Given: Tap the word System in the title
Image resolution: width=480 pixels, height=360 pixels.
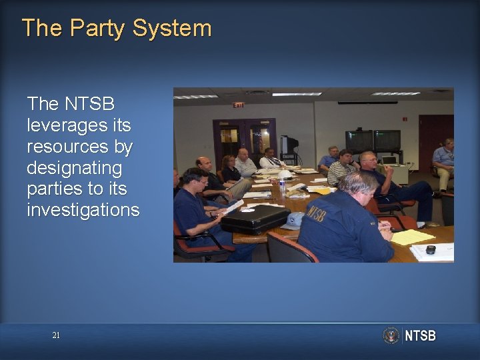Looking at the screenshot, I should [172, 28].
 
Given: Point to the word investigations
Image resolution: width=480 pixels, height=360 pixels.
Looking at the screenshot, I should [83, 211].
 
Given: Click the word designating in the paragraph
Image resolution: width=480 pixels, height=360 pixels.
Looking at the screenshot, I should [75, 167].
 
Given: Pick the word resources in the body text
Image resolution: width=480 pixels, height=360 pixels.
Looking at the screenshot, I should [80, 146].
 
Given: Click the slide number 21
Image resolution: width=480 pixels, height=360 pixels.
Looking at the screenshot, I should [56, 335].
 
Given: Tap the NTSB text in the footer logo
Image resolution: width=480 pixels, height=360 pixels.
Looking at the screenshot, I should [420, 336].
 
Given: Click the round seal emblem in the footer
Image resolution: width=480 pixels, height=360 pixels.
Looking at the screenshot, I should [391, 335].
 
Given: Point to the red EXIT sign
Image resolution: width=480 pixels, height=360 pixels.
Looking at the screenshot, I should [238, 105].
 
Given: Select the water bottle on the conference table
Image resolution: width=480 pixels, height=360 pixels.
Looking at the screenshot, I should [283, 186].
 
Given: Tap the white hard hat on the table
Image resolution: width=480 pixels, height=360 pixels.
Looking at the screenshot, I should [285, 175].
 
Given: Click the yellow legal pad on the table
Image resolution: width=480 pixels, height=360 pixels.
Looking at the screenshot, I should [413, 237].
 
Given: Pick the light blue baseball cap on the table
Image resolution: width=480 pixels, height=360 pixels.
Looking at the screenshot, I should [294, 221].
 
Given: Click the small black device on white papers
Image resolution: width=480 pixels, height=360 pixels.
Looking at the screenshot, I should [431, 250].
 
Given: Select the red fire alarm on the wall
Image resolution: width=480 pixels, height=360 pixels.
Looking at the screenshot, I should [405, 119].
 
